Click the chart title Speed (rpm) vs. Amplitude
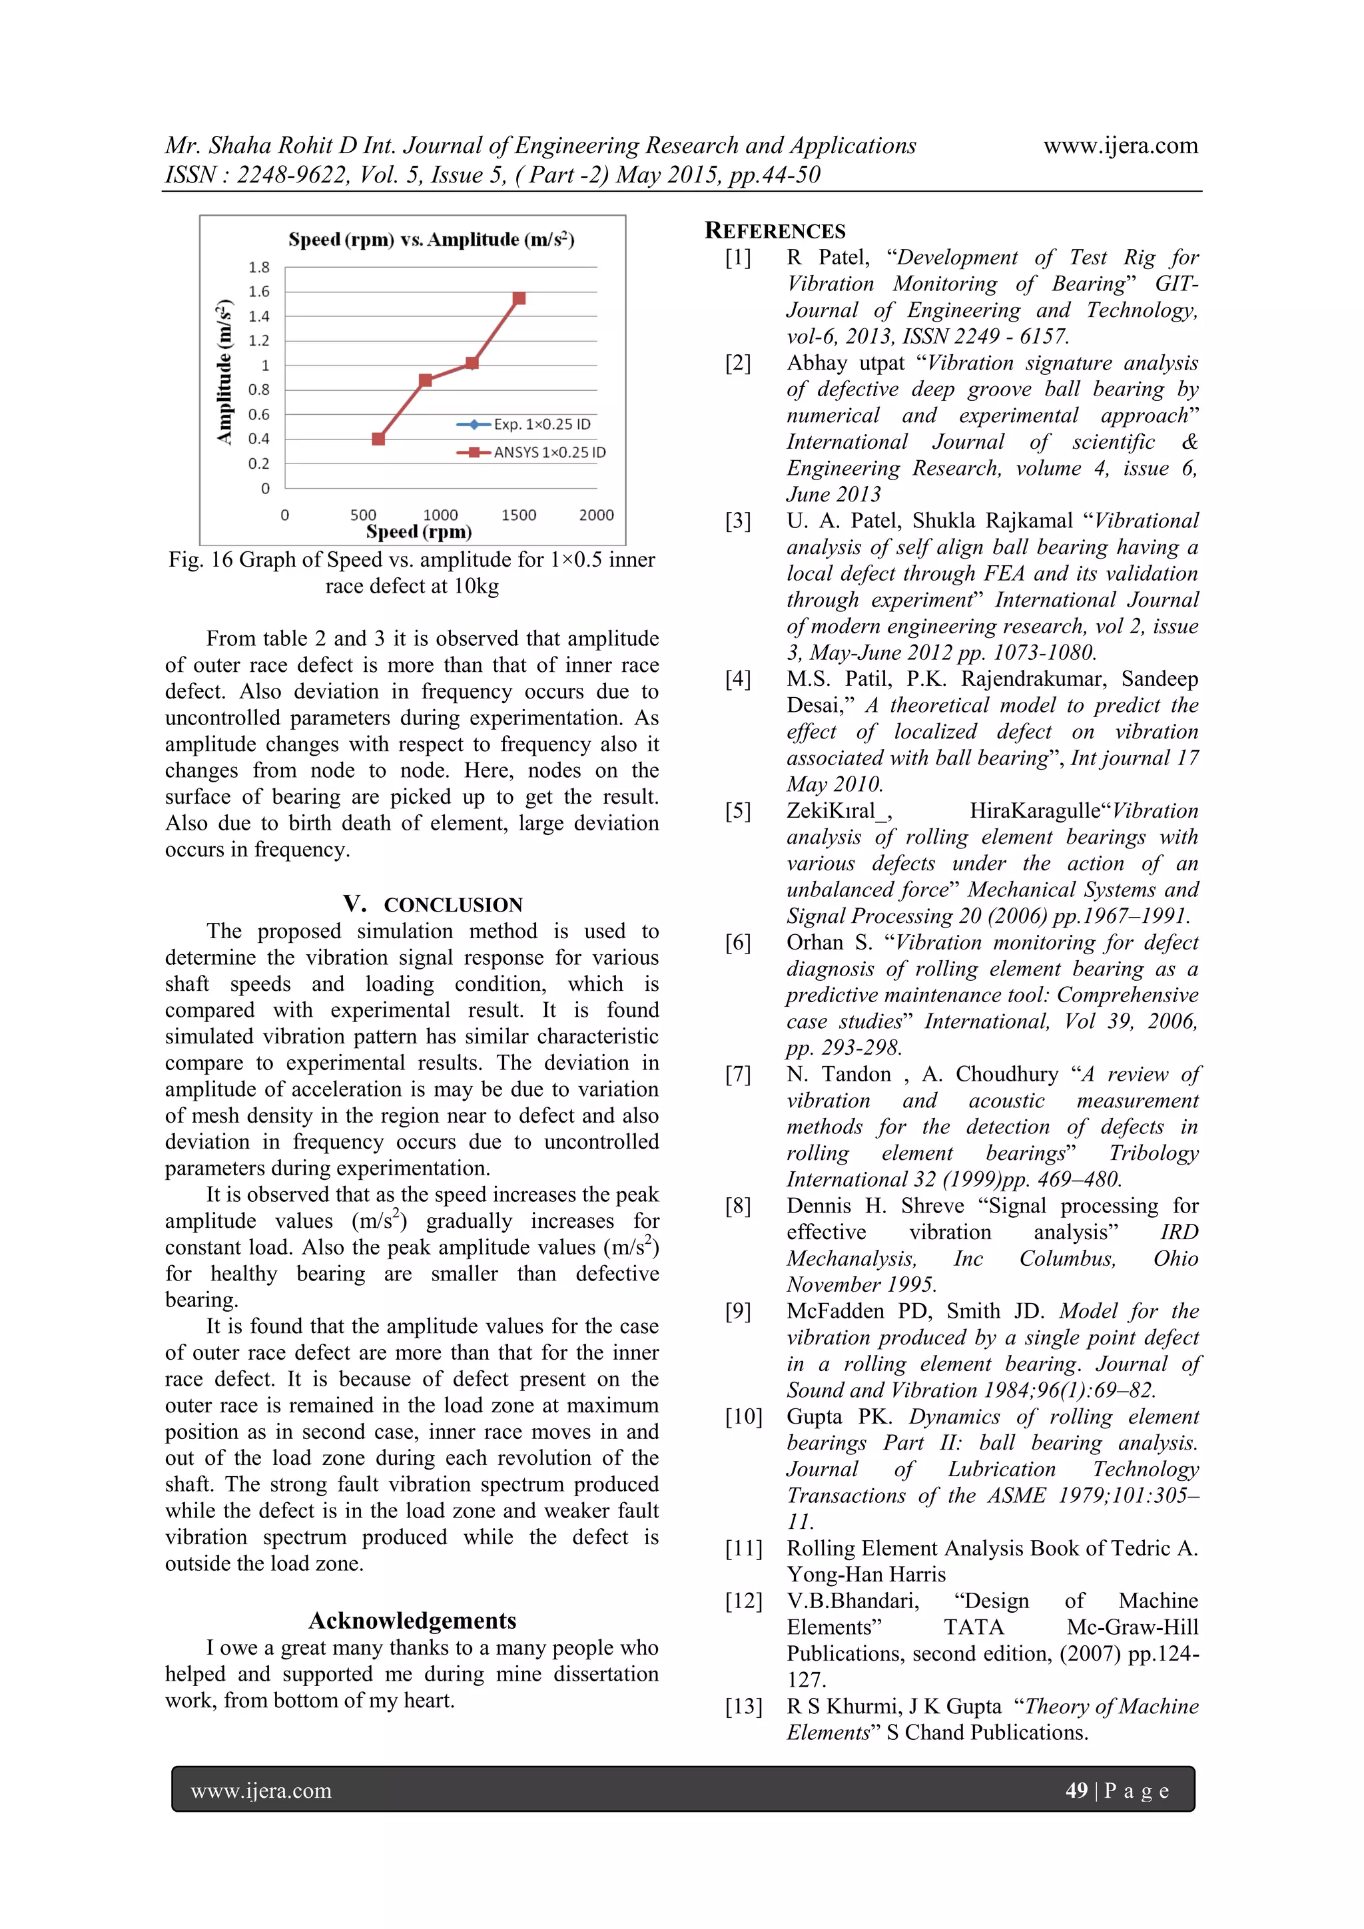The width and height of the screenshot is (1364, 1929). [x=431, y=240]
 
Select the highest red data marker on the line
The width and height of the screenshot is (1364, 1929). [x=519, y=298]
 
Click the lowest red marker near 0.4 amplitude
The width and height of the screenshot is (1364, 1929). [x=378, y=439]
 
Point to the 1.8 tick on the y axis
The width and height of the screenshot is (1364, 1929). [x=259, y=267]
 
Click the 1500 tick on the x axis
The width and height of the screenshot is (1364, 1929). [x=519, y=515]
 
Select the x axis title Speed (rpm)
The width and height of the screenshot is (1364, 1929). [x=418, y=532]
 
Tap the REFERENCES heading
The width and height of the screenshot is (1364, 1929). [x=775, y=231]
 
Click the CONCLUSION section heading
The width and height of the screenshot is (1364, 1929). [x=452, y=905]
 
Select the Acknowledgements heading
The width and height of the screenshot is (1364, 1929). [x=412, y=1620]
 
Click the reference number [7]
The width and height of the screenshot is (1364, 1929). [x=738, y=1075]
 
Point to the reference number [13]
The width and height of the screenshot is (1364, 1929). [x=743, y=1707]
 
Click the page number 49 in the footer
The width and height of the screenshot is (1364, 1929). [x=1076, y=1790]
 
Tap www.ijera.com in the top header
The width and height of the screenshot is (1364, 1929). [x=1120, y=146]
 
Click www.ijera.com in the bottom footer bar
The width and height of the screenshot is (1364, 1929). [x=260, y=1791]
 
